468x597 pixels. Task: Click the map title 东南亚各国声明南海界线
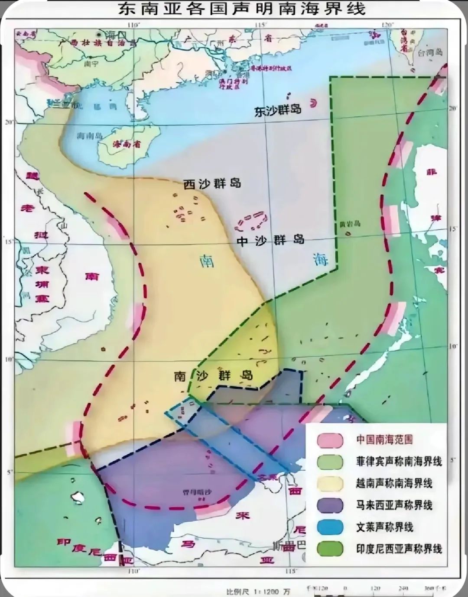coord(241,9)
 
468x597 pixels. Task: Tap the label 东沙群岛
coord(278,111)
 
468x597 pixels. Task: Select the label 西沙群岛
coord(212,184)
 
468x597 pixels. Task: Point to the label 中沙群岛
coord(270,241)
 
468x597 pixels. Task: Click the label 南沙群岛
coord(213,375)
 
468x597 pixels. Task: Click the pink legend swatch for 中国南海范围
coord(330,440)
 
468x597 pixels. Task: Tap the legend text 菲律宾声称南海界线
coord(399,462)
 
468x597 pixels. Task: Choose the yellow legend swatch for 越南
coord(330,484)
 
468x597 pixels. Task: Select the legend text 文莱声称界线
coord(384,527)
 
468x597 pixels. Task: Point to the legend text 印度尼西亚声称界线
coord(399,549)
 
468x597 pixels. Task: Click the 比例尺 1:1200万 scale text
coord(258,591)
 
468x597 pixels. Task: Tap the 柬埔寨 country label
coord(42,284)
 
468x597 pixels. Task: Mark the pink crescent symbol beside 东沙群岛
coord(313,103)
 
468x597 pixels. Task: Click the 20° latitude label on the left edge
coord(9,122)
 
